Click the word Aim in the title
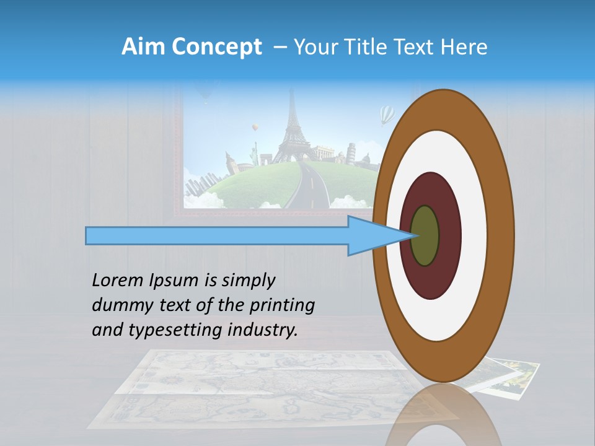[143, 47]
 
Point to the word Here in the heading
[464, 47]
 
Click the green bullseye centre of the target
[425, 235]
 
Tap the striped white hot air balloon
[387, 114]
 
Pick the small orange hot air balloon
[254, 128]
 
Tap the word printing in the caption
[284, 305]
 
